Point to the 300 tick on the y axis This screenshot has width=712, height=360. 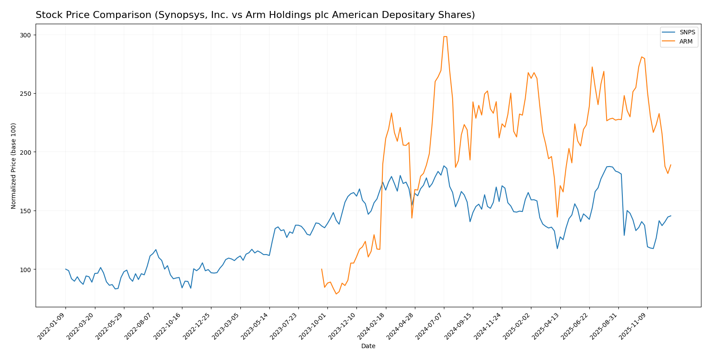(x=27, y=35)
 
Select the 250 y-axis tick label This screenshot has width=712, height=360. (x=27, y=94)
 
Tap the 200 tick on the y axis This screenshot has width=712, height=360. (x=27, y=152)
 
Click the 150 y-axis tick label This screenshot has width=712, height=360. (x=27, y=211)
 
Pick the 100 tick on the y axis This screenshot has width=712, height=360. (x=27, y=269)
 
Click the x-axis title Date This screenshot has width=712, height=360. (x=368, y=346)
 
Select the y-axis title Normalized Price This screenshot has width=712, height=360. (x=14, y=166)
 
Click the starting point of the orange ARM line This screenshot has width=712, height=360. (x=322, y=269)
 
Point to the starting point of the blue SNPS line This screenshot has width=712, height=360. (x=65, y=269)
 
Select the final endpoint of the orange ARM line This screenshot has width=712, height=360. (x=671, y=165)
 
